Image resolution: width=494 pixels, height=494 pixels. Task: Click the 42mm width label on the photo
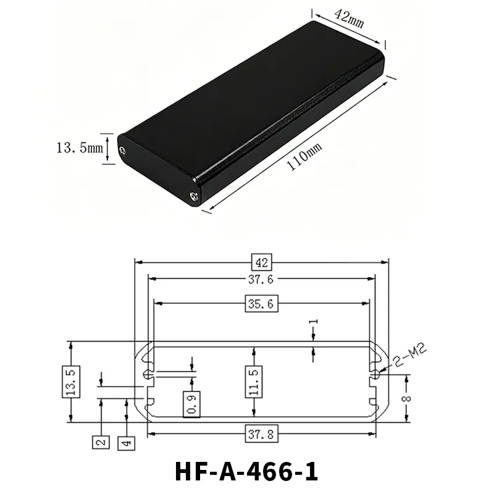[x=349, y=19]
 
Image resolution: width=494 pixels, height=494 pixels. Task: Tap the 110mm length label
[x=304, y=156]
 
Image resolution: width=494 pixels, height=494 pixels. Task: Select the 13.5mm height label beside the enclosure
[x=80, y=148]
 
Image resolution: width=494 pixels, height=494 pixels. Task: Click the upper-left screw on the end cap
[x=122, y=151]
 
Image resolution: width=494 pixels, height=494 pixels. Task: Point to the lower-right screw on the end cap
[x=195, y=197]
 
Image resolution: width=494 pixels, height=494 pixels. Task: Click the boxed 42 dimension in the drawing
[x=261, y=262]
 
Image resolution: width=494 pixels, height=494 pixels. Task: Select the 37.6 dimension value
[x=261, y=280]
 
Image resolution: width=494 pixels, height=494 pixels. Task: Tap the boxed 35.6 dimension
[x=261, y=304]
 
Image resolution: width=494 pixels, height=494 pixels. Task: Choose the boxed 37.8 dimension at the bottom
[x=261, y=434]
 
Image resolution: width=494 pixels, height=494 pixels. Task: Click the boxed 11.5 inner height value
[x=254, y=382]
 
